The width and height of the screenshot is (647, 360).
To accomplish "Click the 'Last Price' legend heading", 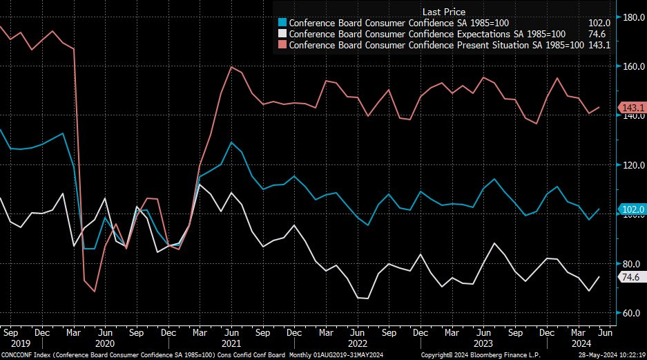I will tap(443, 12).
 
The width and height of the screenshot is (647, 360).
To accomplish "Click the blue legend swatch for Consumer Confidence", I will tap(282, 22).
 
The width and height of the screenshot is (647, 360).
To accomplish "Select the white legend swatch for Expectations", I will tap(282, 33).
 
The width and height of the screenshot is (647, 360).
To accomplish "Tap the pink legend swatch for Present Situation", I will tap(282, 45).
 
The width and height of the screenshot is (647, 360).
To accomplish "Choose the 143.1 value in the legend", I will tap(598, 45).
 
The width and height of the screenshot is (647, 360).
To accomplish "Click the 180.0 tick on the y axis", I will tap(632, 17).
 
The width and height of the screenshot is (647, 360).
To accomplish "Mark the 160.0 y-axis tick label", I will tap(632, 66).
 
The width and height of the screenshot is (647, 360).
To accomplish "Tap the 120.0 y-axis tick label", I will tap(632, 165).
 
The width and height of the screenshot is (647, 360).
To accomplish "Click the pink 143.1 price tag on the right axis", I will tap(632, 108).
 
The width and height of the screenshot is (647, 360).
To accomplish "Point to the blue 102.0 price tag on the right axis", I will tap(632, 209).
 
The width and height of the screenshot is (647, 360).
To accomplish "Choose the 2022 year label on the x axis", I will tap(356, 343).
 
